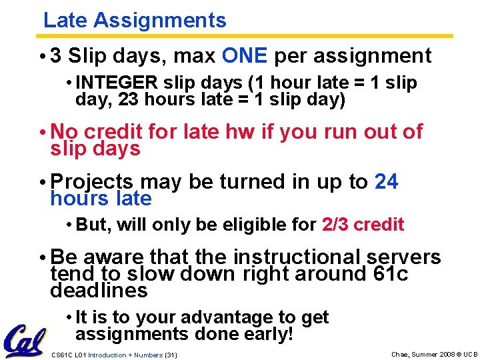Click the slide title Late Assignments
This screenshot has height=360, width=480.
click(x=135, y=21)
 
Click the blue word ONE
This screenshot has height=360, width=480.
click(x=245, y=56)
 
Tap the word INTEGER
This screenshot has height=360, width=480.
click(x=117, y=83)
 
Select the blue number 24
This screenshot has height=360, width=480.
click(x=387, y=182)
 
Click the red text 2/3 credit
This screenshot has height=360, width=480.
click(x=363, y=225)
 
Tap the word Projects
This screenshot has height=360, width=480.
click(x=92, y=182)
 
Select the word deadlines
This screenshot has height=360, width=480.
click(x=99, y=291)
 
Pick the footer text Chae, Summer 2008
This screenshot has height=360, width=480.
click(x=424, y=355)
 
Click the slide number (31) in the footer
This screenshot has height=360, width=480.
click(x=171, y=355)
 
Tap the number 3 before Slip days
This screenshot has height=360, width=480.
click(x=56, y=56)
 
